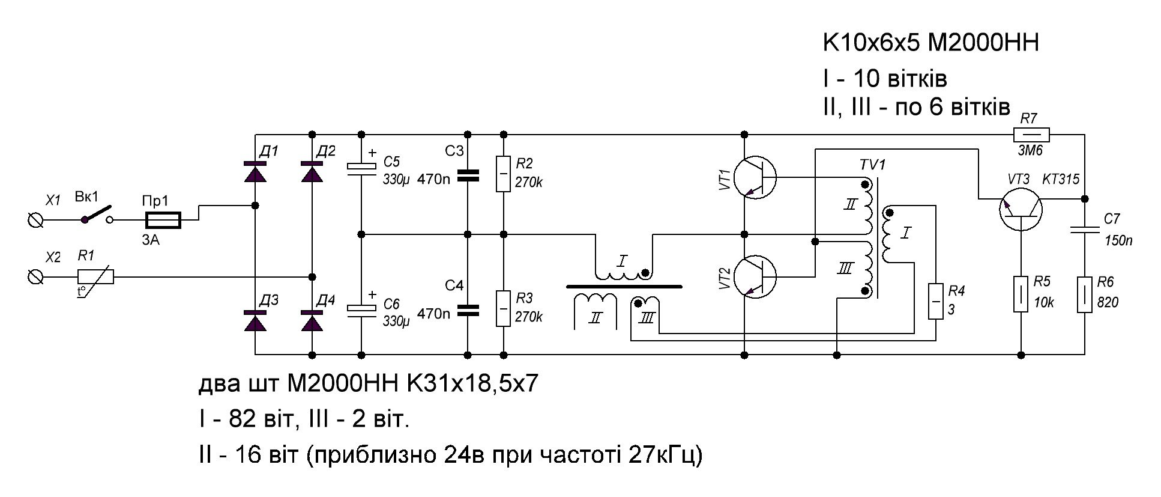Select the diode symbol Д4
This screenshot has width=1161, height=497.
coord(312,322)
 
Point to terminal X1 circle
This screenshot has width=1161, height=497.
coord(35,221)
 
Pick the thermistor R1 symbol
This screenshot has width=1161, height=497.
coord(95,276)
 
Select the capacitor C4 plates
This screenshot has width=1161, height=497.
coord(468,310)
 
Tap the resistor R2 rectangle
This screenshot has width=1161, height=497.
coord(504,174)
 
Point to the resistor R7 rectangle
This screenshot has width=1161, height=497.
coord(1031,135)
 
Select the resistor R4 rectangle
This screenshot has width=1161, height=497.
coord(935,301)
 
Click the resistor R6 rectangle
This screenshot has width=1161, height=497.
coord(1085,294)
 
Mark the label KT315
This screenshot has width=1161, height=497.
coord(1061,179)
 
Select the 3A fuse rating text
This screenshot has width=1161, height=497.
coord(151,240)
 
